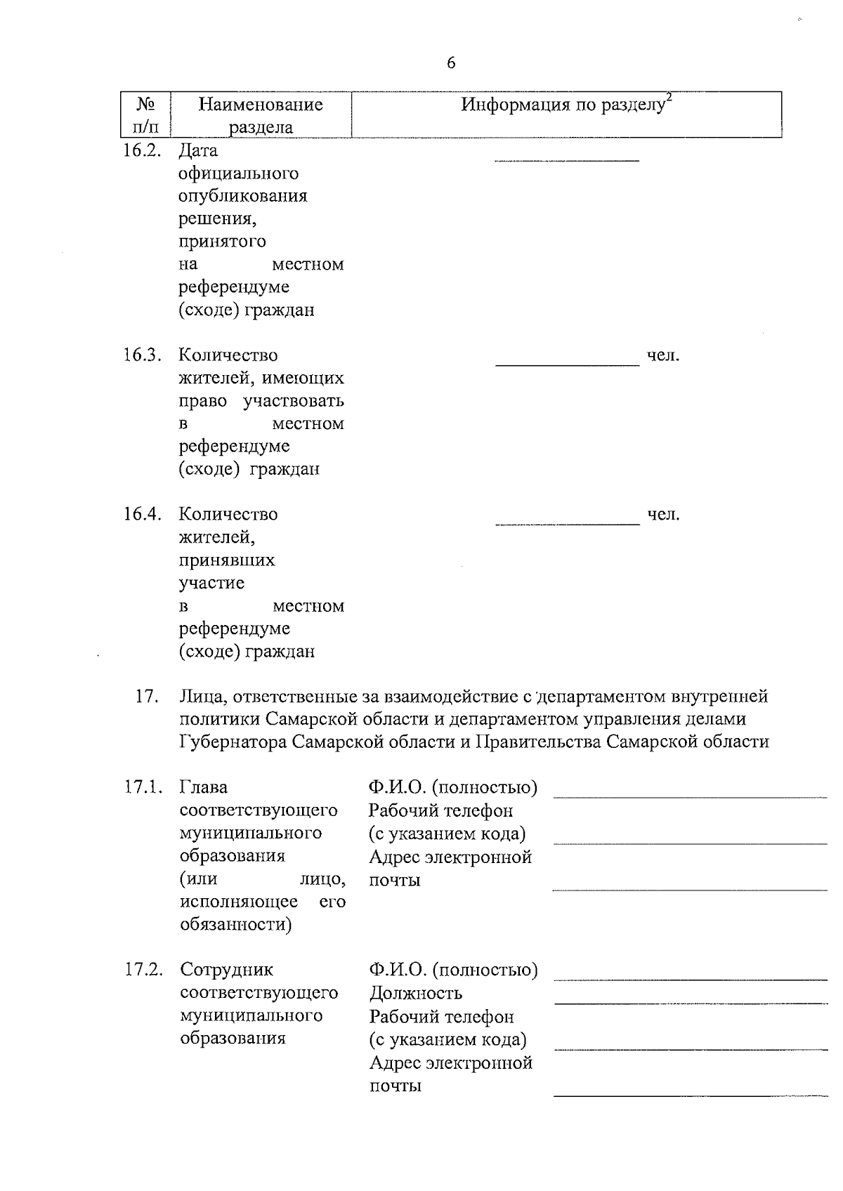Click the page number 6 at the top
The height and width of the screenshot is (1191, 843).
point(450,63)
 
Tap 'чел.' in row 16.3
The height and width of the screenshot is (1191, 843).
point(663,356)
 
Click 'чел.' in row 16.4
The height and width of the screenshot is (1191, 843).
point(663,515)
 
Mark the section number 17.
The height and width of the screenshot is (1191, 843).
point(145,697)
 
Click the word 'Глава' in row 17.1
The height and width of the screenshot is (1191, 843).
point(204,787)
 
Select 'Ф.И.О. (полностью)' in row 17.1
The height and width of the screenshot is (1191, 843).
point(453,788)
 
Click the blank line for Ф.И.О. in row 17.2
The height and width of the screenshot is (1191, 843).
point(691,977)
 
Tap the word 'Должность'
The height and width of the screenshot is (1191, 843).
point(416,993)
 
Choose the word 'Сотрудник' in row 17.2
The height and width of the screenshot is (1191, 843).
point(227,970)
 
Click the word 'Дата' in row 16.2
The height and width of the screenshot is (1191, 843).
point(199,150)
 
